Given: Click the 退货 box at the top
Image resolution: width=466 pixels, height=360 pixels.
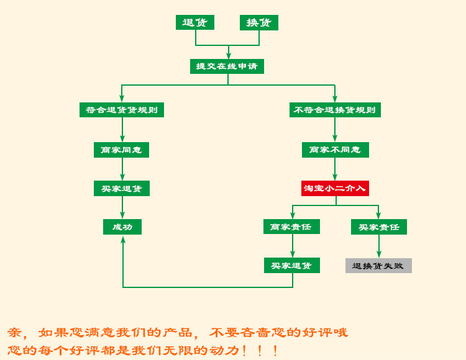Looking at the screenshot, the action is point(195,22).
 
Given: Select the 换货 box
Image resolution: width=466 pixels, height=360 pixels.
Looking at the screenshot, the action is point(259,22).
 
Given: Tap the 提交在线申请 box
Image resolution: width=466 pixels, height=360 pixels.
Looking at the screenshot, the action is point(227,66).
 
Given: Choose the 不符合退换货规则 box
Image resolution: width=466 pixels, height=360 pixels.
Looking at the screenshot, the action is point(335,110).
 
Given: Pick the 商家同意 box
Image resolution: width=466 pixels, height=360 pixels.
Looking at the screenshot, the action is point(121,150).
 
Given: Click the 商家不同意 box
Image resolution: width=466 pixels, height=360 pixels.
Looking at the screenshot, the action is point(336,150).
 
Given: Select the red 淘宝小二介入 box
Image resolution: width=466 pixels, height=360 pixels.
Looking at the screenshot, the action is point(335,189).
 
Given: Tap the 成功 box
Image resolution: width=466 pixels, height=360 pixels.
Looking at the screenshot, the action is point(122,227).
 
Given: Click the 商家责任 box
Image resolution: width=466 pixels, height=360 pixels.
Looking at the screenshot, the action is point(291,227).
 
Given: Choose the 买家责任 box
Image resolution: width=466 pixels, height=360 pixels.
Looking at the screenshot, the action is point(379,227).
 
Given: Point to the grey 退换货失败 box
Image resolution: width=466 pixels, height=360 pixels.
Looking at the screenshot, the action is point(378,266).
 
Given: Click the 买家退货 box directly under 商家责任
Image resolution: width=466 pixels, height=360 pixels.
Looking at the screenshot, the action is point(292,265).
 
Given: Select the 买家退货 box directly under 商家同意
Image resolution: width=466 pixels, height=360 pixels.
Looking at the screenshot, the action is point(122,189).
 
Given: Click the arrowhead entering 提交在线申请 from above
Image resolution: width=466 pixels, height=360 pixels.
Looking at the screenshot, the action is point(228,55).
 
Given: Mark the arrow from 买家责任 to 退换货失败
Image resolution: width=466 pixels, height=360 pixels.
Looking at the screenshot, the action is point(379,246).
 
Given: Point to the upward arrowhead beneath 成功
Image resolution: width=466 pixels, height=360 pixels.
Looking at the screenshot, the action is point(123,240).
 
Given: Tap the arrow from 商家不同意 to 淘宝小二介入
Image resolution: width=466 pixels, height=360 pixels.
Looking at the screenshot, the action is point(335,169).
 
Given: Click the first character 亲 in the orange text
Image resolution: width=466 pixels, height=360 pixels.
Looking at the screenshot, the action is point(14,333).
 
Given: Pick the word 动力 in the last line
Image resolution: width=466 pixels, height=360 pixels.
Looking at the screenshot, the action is point(224,351).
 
